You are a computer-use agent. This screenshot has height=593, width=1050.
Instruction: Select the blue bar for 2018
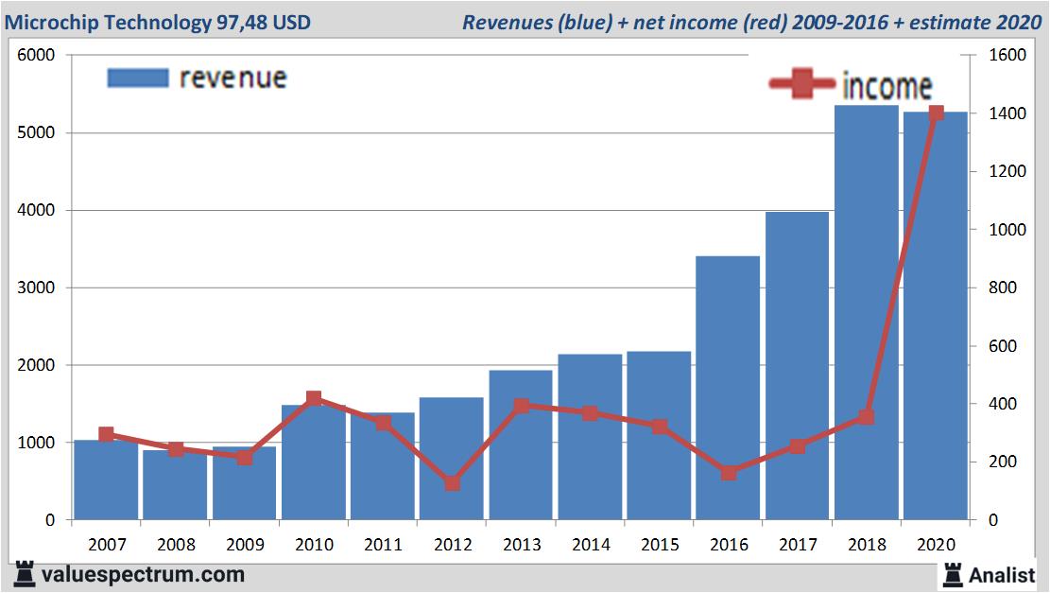(866, 312)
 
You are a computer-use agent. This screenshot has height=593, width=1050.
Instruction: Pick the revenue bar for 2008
(175, 492)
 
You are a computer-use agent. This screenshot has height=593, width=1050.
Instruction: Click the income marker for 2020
(936, 113)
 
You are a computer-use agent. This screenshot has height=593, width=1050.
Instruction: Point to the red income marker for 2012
(452, 483)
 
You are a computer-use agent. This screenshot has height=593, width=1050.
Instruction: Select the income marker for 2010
(314, 399)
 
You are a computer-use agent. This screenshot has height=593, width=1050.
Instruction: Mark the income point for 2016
(728, 472)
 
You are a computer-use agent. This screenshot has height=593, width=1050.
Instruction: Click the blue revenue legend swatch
(138, 78)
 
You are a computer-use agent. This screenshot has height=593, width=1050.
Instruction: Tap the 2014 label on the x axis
(590, 545)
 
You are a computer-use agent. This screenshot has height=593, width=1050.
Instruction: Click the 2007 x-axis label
(106, 545)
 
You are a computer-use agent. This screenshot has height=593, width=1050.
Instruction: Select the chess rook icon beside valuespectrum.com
(24, 574)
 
